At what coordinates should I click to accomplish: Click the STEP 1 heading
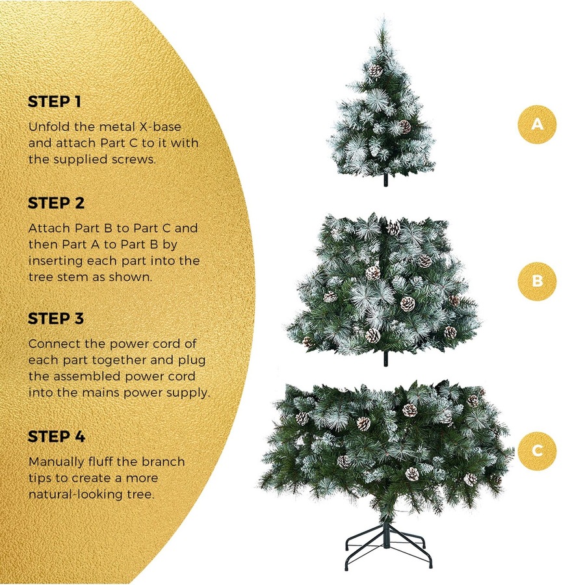point(55,102)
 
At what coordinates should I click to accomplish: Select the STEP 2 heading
point(56,203)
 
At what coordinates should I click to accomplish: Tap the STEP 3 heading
point(56,319)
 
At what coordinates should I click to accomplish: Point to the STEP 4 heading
point(57,437)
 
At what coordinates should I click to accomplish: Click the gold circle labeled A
point(537,123)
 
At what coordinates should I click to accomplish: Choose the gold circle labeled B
point(537,281)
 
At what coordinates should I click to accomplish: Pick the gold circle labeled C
point(537,450)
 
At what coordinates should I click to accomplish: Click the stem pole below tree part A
point(385,180)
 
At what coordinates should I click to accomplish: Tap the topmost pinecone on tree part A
point(375,70)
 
